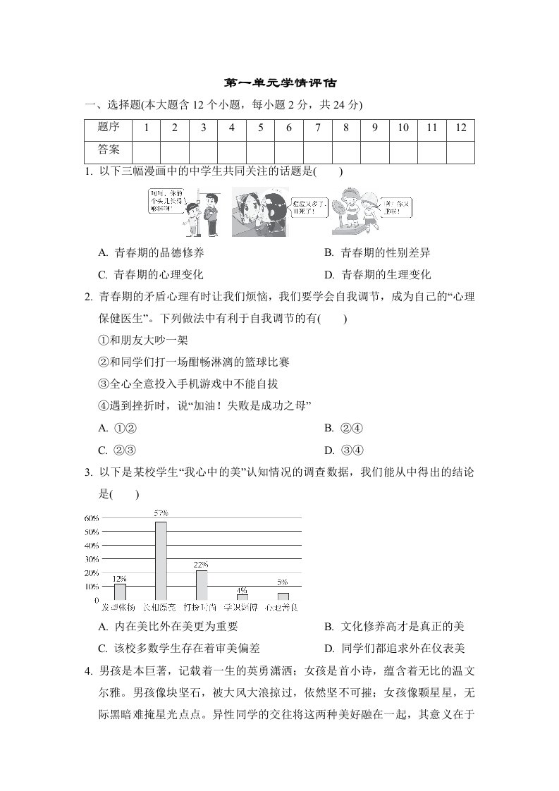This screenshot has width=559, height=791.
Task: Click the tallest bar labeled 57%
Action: pyautogui.click(x=161, y=560)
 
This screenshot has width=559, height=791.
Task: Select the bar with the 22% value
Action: pyautogui.click(x=202, y=584)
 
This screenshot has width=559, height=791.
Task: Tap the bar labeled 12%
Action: pyautogui.click(x=120, y=591)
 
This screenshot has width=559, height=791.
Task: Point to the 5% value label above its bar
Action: pyautogui.click(x=283, y=582)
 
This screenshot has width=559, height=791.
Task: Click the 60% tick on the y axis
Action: pyautogui.click(x=91, y=518)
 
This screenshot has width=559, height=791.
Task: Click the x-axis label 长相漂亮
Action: pyautogui.click(x=160, y=606)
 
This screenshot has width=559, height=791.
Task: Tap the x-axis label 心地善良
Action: pyautogui.click(x=281, y=606)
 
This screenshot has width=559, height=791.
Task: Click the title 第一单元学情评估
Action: pyautogui.click(x=280, y=83)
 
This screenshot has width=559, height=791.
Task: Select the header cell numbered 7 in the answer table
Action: pyautogui.click(x=318, y=128)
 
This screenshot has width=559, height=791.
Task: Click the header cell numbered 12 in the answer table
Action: pyautogui.click(x=461, y=128)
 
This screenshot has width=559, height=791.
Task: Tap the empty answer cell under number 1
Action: pyautogui.click(x=145, y=151)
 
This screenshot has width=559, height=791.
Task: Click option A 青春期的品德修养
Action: pyautogui.click(x=152, y=252)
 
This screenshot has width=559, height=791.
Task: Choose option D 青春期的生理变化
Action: pyautogui.click(x=378, y=275)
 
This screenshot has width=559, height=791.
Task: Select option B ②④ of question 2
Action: pyautogui.click(x=344, y=428)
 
